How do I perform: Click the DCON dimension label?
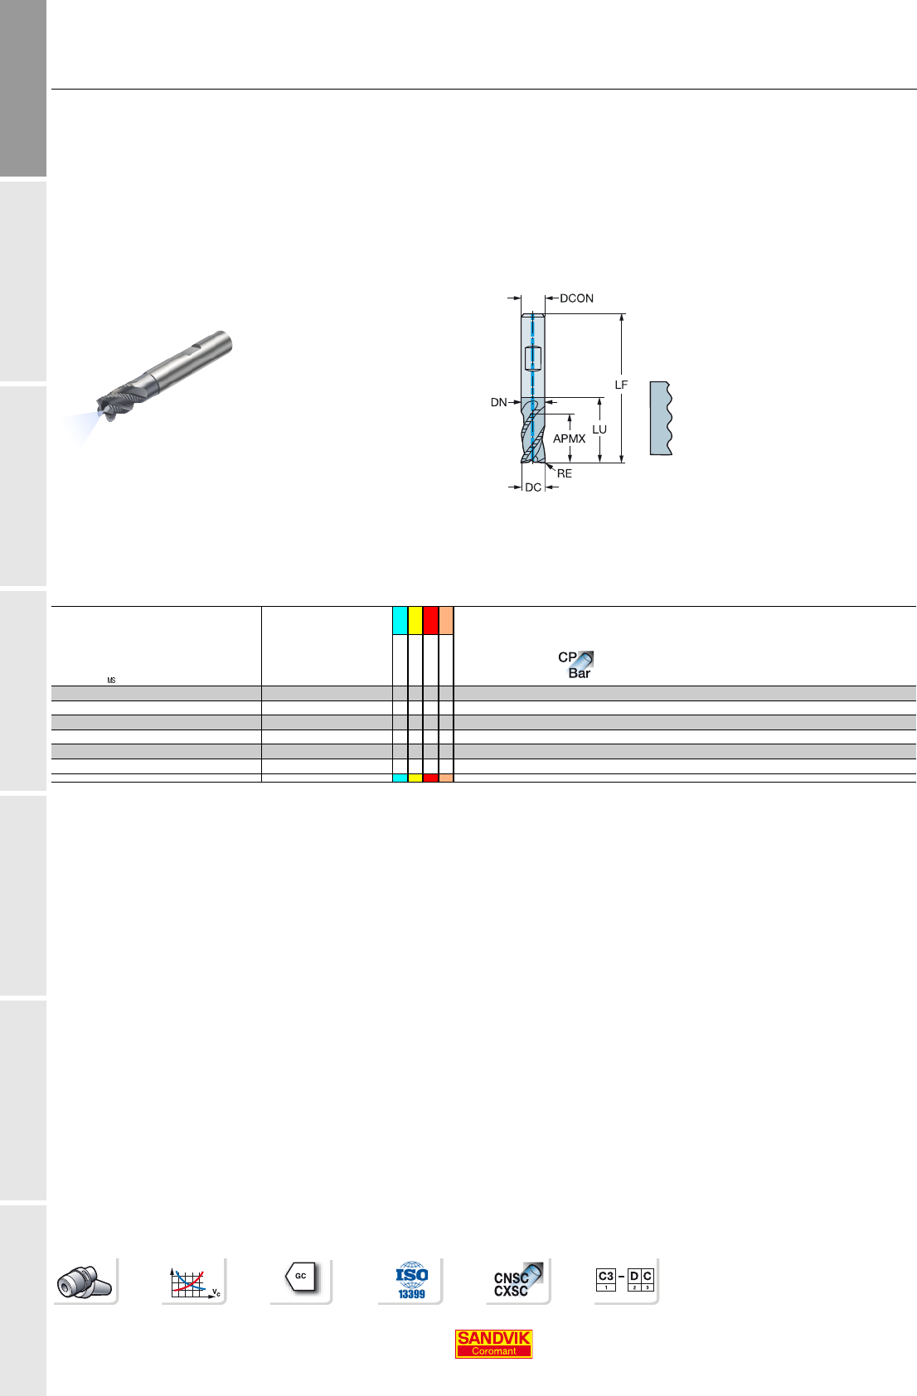(576, 298)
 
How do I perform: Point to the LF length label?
(621, 385)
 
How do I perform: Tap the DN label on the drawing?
(498, 403)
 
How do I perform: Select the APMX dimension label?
(569, 439)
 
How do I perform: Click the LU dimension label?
(599, 429)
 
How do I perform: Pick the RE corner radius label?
(564, 473)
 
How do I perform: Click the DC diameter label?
(533, 487)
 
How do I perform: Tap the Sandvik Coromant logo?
(493, 1344)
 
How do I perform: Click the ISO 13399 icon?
(411, 1280)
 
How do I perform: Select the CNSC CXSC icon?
(517, 1280)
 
